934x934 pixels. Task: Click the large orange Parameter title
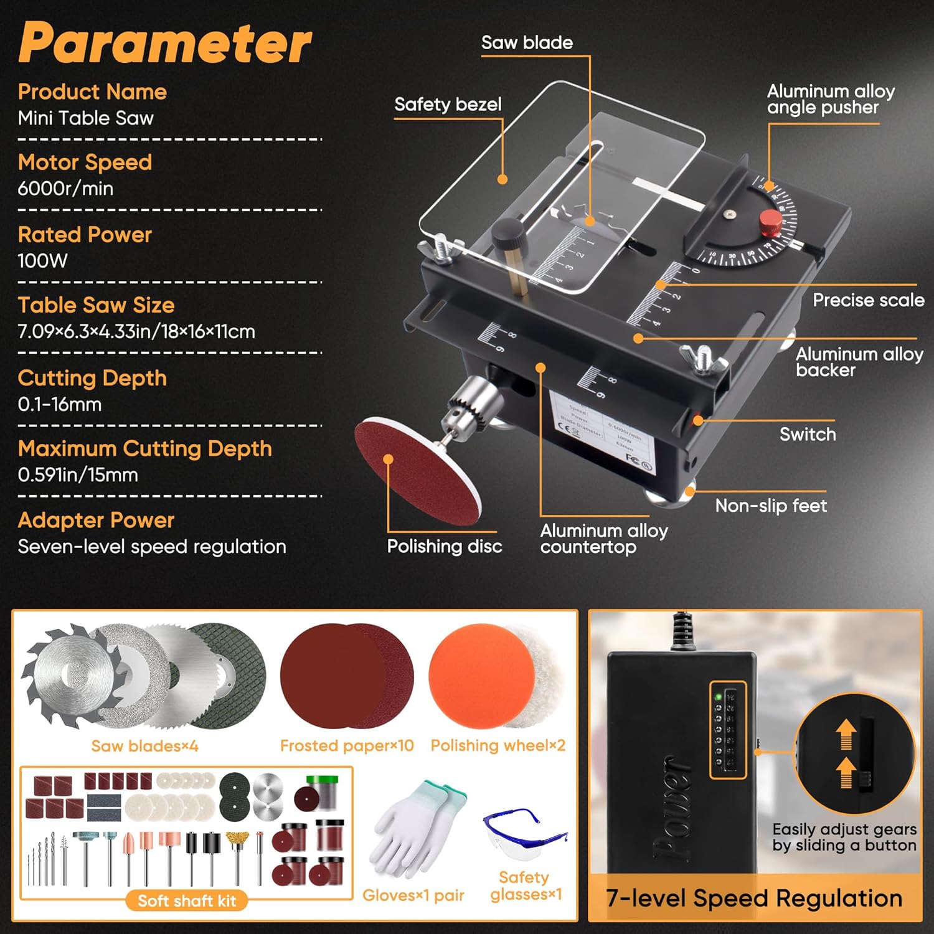coord(165,42)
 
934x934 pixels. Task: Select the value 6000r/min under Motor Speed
coord(65,188)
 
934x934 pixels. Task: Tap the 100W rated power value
coord(42,260)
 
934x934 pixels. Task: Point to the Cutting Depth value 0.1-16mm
coord(59,404)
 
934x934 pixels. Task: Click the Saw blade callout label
coord(527,42)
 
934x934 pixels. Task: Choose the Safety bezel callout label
coord(448,104)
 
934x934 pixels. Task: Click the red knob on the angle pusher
coord(771,222)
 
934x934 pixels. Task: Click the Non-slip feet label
coord(771,505)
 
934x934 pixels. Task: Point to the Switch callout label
coord(808,434)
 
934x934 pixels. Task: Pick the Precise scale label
coord(868,300)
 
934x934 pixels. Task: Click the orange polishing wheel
coord(476,676)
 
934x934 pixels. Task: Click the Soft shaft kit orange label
coord(187,900)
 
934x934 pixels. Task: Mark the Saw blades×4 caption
coord(144,745)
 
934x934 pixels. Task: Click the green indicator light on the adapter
coord(719,697)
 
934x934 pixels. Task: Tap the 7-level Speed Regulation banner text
coord(754,898)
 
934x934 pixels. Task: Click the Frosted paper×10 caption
coord(347,745)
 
